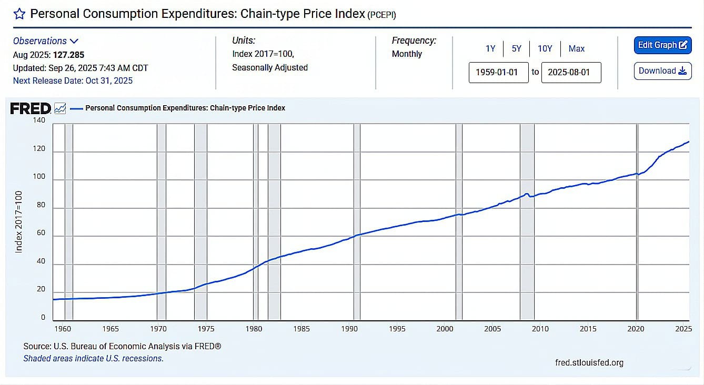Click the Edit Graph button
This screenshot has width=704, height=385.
coord(662,45)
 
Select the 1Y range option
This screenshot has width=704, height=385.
coord(490,48)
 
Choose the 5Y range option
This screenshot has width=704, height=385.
coord(517,48)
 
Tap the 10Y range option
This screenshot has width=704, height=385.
coord(545,48)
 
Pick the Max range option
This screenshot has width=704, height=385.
coord(577,48)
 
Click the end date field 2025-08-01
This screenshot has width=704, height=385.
coord(571,72)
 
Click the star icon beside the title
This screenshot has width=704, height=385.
coord(19,14)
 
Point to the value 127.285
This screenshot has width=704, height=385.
coord(68,55)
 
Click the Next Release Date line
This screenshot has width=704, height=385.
coord(73,80)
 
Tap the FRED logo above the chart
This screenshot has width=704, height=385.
coord(31,108)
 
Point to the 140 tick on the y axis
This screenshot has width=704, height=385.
coord(39,120)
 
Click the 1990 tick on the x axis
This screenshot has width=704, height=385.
coord(349,329)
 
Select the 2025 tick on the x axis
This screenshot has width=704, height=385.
coord(683,329)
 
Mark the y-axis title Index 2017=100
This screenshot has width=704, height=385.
coord(19,221)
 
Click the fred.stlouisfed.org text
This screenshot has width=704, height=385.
coord(589,362)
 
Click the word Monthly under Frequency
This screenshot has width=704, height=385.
coord(407,54)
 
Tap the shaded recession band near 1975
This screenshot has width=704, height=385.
coord(200,221)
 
